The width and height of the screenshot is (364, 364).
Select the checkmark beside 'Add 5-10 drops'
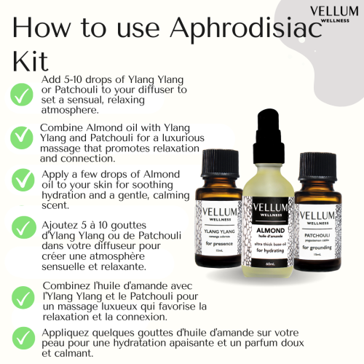pyautogui.click(x=23, y=93)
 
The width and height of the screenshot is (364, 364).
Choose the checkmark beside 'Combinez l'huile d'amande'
pyautogui.click(x=23, y=293)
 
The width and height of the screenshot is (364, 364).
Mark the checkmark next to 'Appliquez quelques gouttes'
pyautogui.click(x=23, y=337)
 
